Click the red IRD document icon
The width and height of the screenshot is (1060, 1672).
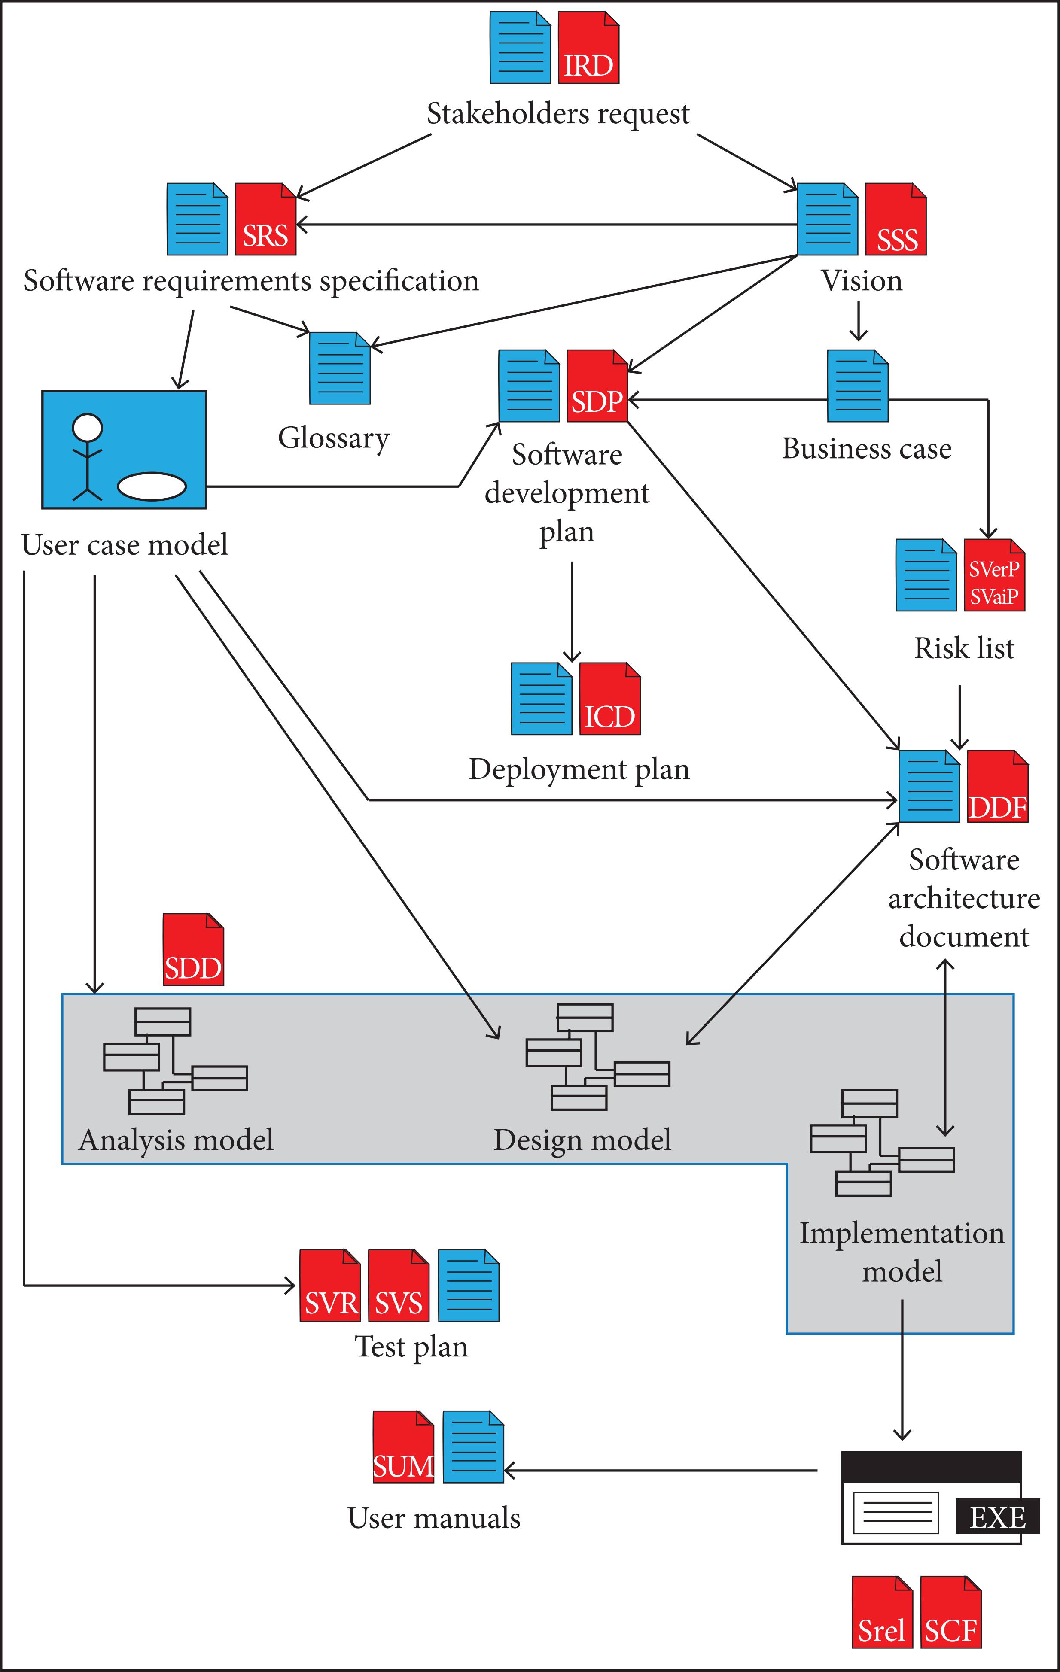click(x=588, y=48)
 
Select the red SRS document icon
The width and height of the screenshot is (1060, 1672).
click(x=265, y=219)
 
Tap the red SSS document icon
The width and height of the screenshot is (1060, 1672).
click(x=896, y=219)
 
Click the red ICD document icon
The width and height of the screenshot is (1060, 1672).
click(x=609, y=699)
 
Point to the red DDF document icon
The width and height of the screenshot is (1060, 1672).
click(x=997, y=786)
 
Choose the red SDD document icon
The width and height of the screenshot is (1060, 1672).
click(x=193, y=949)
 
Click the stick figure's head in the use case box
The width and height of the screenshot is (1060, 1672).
click(x=88, y=427)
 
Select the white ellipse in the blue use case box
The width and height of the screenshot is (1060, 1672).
click(x=152, y=486)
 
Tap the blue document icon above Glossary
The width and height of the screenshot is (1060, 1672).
click(x=340, y=368)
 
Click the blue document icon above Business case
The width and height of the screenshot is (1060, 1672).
click(x=857, y=386)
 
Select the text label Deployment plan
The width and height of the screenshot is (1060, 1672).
click(x=579, y=770)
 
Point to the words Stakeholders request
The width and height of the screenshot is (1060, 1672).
click(x=558, y=114)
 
